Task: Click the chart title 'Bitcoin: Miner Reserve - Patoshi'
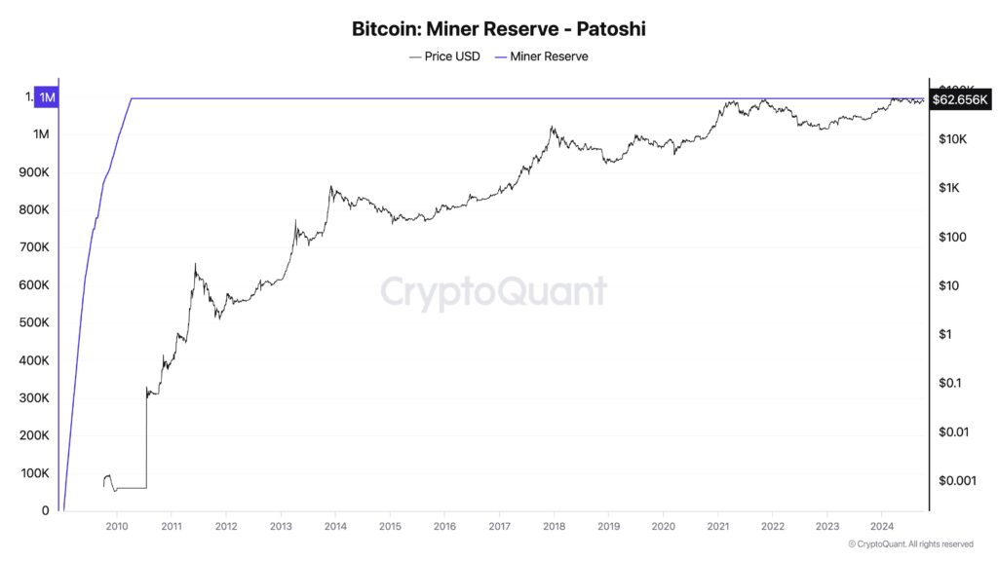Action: (498, 29)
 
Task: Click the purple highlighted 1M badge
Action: (46, 97)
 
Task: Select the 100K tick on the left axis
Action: (34, 473)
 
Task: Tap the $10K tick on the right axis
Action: (951, 139)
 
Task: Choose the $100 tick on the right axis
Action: (951, 237)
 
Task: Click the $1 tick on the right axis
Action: (944, 334)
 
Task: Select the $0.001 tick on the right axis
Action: (955, 480)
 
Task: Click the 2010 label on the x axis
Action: (116, 527)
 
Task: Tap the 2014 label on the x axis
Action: (335, 527)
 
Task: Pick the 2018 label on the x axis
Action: (554, 527)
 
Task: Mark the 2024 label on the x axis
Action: (882, 527)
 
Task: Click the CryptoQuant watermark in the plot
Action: (493, 292)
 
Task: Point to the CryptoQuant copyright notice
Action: (910, 543)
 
